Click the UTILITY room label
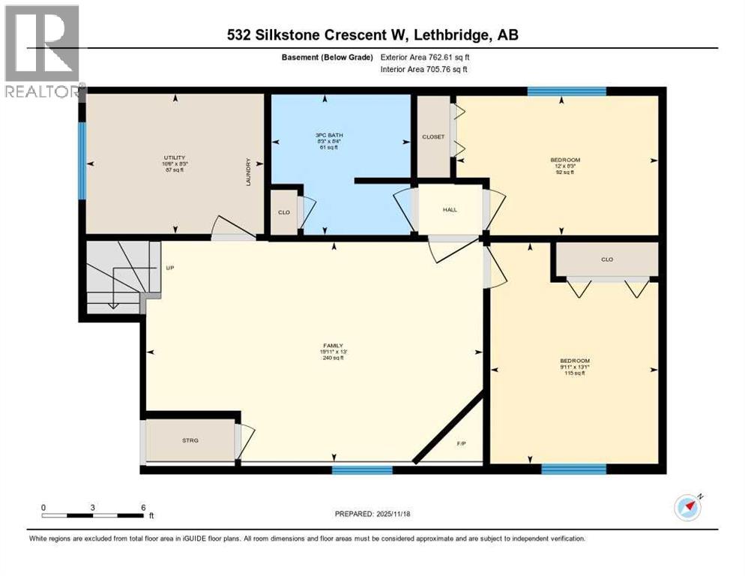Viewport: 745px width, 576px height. (x=175, y=157)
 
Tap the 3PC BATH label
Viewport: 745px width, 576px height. (x=324, y=135)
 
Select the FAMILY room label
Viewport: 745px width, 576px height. (x=331, y=345)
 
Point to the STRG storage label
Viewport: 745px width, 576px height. (x=190, y=441)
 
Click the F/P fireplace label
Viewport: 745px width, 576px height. (x=462, y=444)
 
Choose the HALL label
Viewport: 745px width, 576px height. (x=450, y=209)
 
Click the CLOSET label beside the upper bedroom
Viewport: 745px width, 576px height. (x=433, y=136)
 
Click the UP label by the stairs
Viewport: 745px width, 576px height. (x=169, y=267)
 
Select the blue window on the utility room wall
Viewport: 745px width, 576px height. (x=82, y=161)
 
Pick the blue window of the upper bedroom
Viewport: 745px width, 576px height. (x=566, y=92)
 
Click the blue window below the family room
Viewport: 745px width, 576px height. (x=362, y=470)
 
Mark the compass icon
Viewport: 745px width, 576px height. (x=687, y=508)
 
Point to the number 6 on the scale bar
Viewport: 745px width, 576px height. (x=142, y=507)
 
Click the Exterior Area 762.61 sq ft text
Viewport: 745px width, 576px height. (x=426, y=57)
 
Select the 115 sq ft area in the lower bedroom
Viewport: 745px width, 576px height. (x=575, y=373)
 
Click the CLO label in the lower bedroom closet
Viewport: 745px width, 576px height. (x=607, y=259)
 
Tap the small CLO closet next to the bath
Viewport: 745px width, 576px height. (x=284, y=212)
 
